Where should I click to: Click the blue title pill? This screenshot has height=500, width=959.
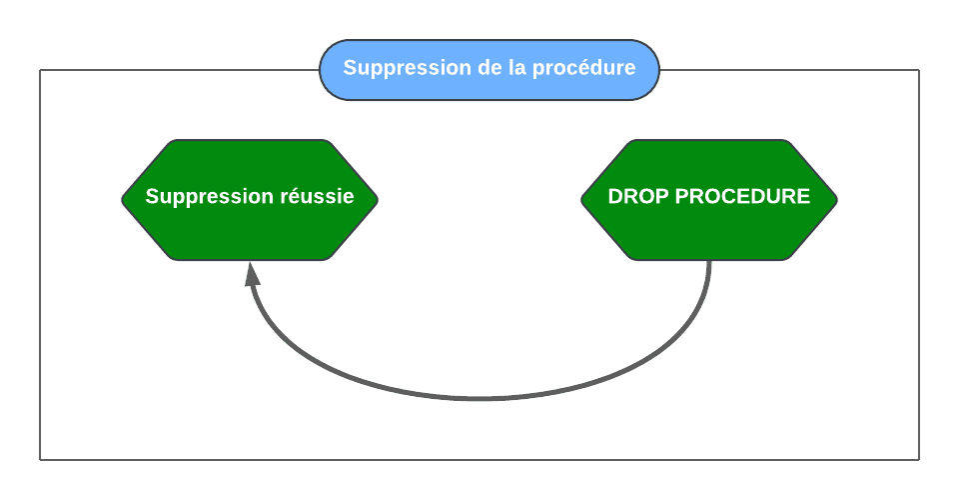tap(489, 70)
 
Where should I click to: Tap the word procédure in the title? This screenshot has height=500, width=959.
tap(584, 68)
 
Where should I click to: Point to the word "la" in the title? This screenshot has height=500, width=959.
tap(516, 67)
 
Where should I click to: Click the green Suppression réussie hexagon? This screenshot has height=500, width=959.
tap(250, 200)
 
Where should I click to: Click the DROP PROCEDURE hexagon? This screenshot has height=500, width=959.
tap(709, 200)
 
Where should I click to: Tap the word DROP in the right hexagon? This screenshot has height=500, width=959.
tap(638, 196)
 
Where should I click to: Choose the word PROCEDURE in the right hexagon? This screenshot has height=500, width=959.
tap(742, 196)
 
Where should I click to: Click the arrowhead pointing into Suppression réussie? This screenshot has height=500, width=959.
tap(252, 274)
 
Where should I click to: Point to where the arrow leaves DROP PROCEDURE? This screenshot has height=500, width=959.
tap(709, 261)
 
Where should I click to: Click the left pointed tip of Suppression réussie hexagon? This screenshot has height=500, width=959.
tap(122, 200)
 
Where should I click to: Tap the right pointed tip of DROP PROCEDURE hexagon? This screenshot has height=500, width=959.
tap(837, 200)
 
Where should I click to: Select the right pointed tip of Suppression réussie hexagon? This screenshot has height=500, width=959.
tap(378, 200)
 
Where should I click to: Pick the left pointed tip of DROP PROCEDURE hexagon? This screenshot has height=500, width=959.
tap(581, 200)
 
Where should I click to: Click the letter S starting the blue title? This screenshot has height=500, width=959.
tap(350, 67)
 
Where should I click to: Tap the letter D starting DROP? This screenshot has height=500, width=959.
tap(615, 196)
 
